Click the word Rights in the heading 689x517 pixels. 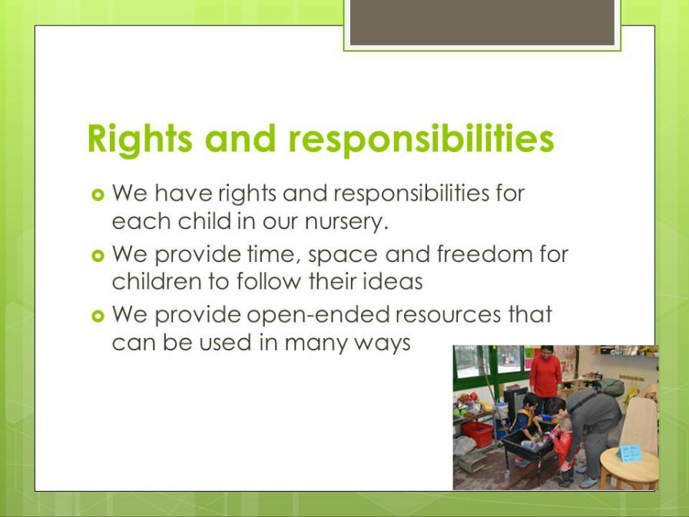pos(140,139)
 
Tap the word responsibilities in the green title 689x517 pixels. pos(421,139)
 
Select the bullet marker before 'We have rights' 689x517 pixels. pos(98,194)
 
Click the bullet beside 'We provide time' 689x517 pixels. pos(98,255)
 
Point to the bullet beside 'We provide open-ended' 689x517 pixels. pos(98,316)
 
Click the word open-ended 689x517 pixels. pos(319,316)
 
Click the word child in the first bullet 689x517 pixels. pos(204,221)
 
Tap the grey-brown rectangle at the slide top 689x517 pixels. pos(482,22)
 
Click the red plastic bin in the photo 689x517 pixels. pos(477,434)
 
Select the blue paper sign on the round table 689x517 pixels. pos(629,453)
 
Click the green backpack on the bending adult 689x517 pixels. pos(610,387)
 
